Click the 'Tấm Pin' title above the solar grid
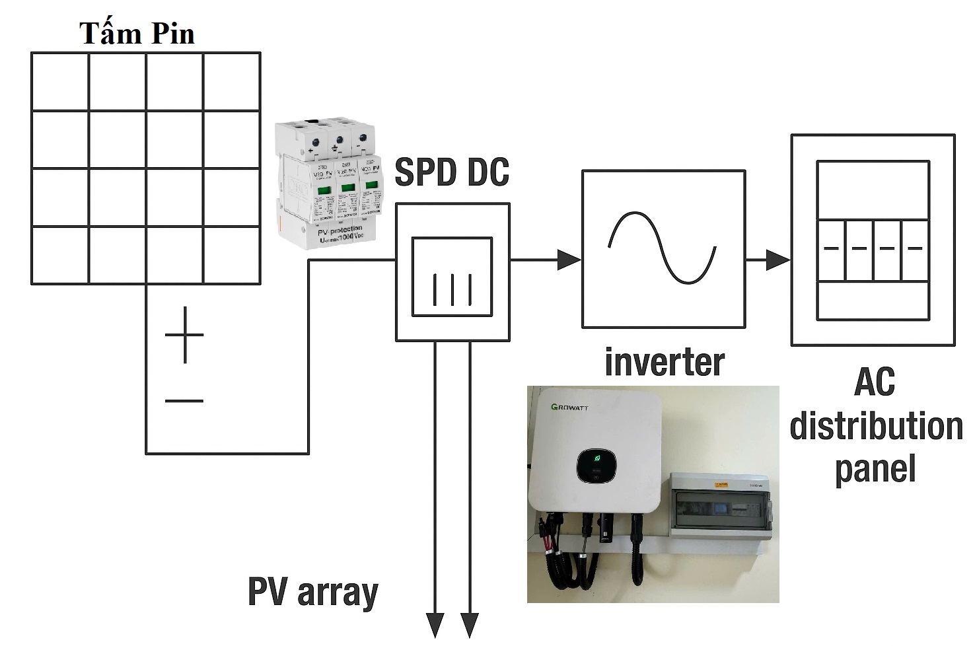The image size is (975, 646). pos(137,34)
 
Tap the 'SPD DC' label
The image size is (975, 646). pos(452,172)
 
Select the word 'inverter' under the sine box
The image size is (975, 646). pos(664,363)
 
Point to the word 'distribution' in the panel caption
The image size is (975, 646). pos(876,426)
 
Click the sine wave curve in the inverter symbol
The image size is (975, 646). pos(663,248)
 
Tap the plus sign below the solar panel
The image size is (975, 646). pos(184,335)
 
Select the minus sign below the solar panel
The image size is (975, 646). pos(184,400)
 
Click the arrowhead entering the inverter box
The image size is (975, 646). pos(568,260)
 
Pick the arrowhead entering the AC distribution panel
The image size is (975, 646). pos(778,260)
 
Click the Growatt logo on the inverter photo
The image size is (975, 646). pos(569,407)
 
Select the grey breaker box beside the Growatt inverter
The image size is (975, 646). pos(720,506)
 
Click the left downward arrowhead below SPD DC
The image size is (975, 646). pos(435,625)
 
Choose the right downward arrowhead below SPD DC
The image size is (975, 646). pos(470,625)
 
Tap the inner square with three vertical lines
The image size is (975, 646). pos(452,278)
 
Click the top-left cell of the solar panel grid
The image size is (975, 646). pos(60,82)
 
